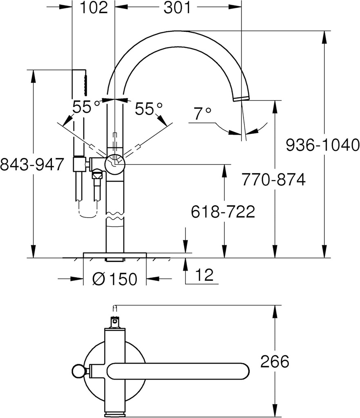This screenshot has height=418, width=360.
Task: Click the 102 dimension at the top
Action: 94,8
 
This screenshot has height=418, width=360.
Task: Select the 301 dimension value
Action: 177,8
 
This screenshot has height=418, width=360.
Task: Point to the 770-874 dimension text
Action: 273,179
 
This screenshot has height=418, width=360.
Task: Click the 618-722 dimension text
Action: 223,211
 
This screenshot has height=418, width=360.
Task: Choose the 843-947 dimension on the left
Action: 32,165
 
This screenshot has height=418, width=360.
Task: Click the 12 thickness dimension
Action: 204,275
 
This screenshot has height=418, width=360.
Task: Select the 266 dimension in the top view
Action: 274,361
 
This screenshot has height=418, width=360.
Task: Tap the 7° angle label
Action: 203,113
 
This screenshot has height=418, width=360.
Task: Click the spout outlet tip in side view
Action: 241,98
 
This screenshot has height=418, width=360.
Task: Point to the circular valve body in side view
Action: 115,163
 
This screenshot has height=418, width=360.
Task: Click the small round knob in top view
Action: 78,371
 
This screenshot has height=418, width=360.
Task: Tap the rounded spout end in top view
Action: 241,371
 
